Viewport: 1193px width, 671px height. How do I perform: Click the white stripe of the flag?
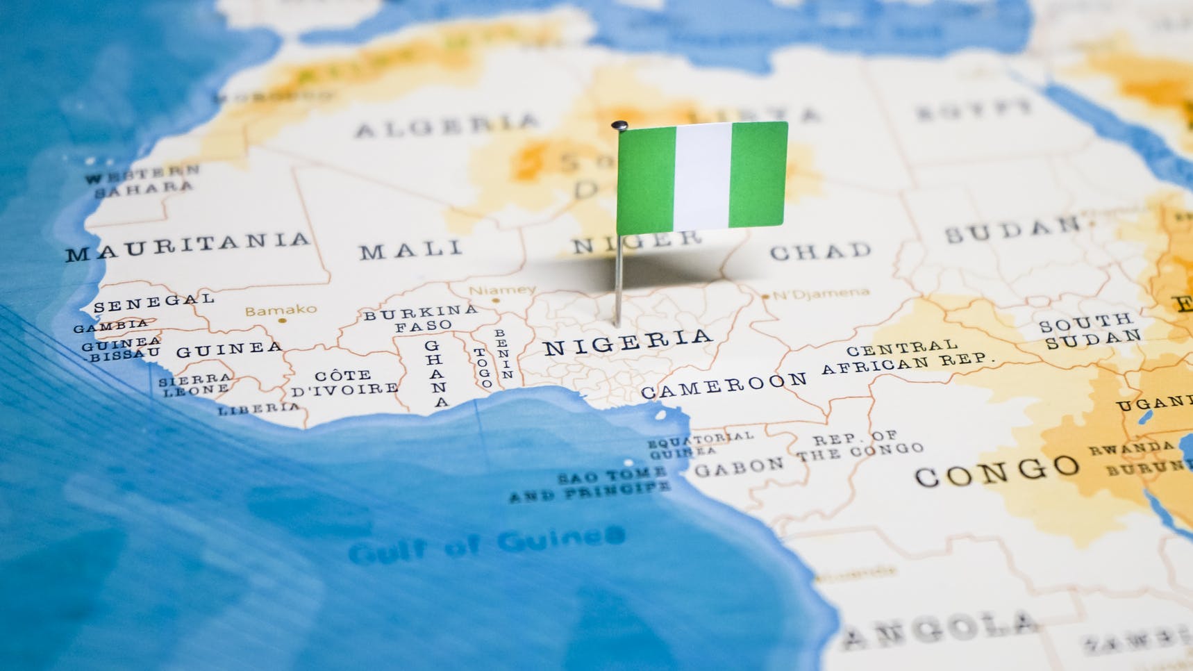click(702, 177)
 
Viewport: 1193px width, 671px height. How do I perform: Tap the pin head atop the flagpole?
click(619, 126)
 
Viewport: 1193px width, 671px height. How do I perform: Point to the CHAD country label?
click(820, 251)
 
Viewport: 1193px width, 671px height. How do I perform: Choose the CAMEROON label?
click(724, 385)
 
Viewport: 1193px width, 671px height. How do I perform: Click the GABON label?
click(739, 467)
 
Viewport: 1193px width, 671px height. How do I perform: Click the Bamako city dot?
click(282, 321)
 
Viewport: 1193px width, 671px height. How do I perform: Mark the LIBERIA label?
click(259, 408)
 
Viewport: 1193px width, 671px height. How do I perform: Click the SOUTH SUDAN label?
click(1090, 331)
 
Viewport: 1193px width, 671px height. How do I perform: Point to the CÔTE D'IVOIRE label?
click(344, 383)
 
